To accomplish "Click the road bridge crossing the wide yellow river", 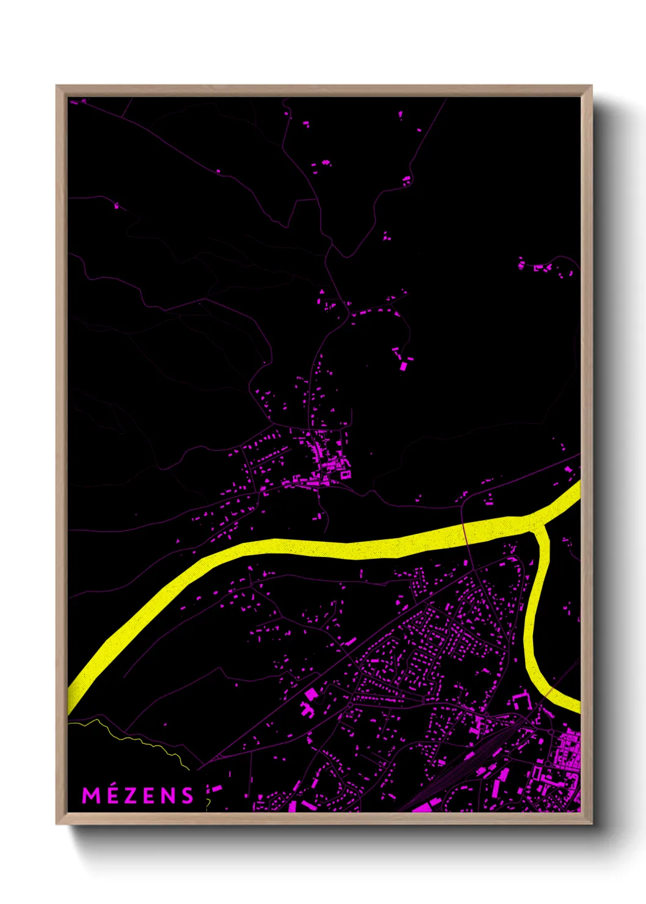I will pyautogui.click(x=465, y=533).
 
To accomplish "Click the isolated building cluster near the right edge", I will pyautogui.click(x=541, y=267).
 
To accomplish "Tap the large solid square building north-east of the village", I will pyautogui.click(x=403, y=366).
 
